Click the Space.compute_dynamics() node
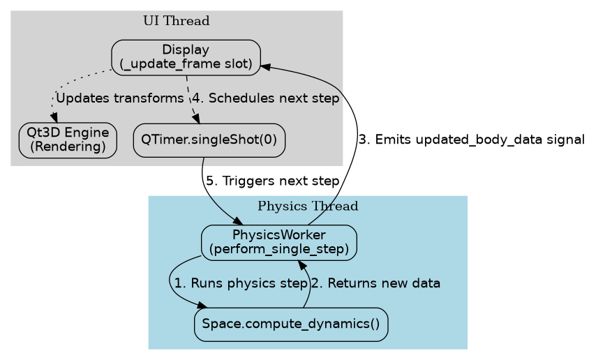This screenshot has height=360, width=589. [290, 324]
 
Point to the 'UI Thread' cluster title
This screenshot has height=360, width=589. [176, 20]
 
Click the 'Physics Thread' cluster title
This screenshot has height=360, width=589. [308, 206]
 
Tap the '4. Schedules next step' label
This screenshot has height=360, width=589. [265, 98]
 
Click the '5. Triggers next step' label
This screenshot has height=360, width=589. [271, 181]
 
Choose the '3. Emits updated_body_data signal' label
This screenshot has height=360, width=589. [471, 140]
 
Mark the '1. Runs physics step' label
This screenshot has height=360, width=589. [241, 283]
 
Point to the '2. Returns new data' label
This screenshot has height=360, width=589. [375, 283]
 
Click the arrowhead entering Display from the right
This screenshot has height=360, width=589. [266, 66]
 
